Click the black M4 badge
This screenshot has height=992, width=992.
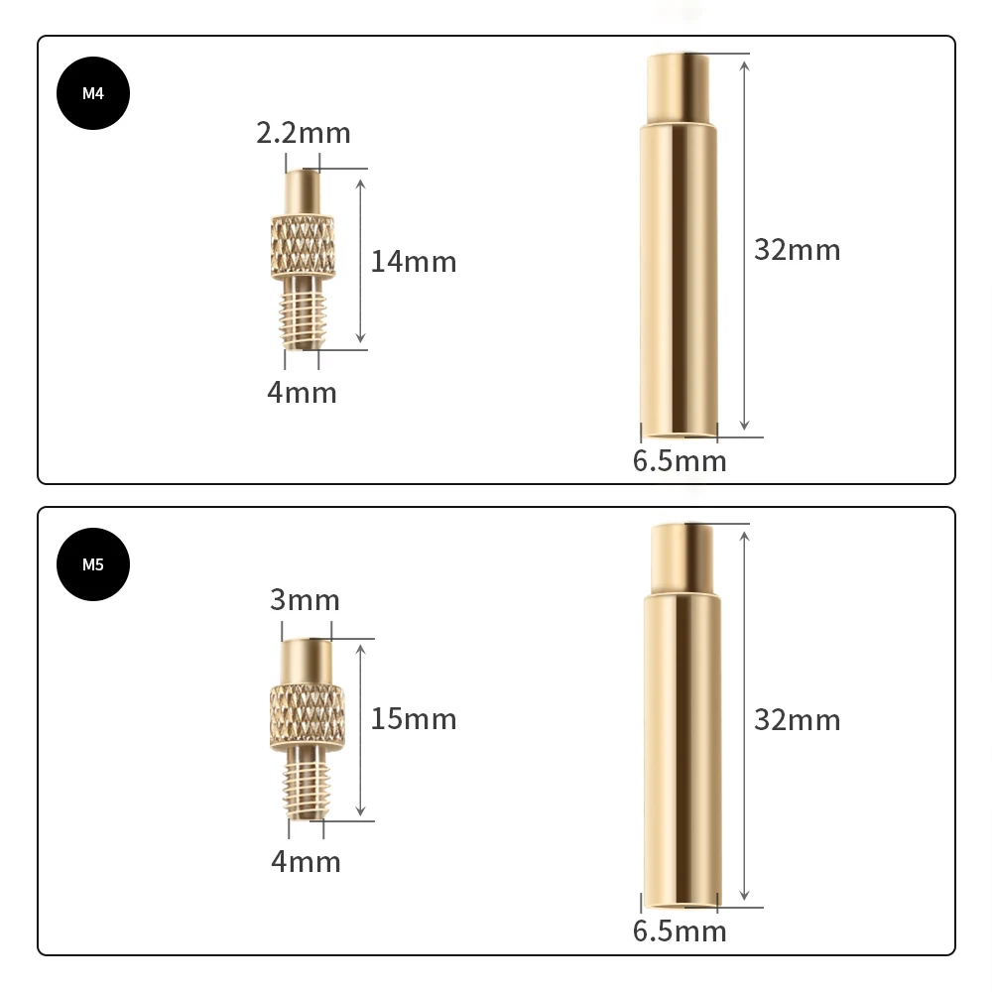pos(93,94)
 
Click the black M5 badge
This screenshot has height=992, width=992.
pos(93,565)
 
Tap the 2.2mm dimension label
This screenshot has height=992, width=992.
pos(304,133)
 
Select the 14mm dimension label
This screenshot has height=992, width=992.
pos(414,262)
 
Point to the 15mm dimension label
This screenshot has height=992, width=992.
pos(414,719)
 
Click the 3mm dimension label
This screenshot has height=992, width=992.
pos(305,600)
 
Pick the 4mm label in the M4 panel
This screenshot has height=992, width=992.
pos(302,393)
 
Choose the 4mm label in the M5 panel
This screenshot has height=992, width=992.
pos(306,862)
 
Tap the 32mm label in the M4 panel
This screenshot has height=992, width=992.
pos(797,250)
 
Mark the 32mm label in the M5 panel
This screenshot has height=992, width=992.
pos(797,719)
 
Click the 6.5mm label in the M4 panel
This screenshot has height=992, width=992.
pos(680,461)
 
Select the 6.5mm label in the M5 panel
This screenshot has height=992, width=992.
pos(680,931)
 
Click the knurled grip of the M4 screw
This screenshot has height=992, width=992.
pos(303,245)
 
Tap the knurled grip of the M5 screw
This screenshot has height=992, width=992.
pos(308,715)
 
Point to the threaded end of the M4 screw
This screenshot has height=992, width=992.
pos(303,312)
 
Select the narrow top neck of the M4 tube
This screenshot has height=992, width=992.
pos(679,87)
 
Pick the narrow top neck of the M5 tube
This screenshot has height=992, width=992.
pos(682,558)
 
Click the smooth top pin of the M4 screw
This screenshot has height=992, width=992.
pos(303,190)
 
